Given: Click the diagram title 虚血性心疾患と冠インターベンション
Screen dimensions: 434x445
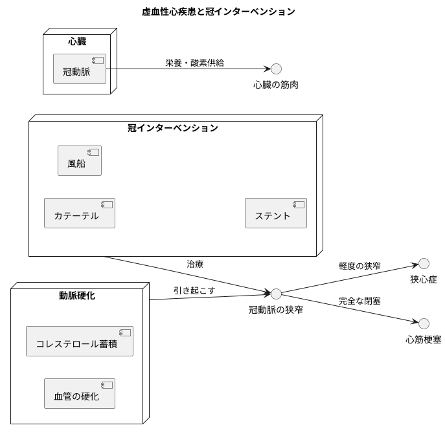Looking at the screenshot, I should (218, 11).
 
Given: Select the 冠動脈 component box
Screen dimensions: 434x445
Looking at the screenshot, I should (80, 69).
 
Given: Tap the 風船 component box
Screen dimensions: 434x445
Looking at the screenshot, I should (80, 160).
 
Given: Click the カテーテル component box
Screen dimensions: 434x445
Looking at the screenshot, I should (80, 213).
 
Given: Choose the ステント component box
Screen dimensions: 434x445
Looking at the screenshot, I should (275, 213).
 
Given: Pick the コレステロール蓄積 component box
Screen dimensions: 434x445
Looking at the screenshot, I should (80, 341).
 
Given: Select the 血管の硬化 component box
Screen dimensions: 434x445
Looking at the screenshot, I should (80, 393).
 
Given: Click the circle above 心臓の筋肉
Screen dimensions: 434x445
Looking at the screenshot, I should (276, 69).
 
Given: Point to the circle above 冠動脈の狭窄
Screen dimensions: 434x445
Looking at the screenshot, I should (276, 294).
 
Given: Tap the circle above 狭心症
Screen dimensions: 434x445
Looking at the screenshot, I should (424, 263).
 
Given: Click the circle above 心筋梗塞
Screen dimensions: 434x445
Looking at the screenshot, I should (424, 323).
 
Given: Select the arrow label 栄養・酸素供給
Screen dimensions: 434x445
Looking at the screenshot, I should (194, 63).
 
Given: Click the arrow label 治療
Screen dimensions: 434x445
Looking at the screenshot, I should (195, 264).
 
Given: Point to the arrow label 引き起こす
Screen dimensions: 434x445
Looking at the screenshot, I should (194, 290).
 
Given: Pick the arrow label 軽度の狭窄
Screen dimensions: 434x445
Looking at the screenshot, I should (359, 265).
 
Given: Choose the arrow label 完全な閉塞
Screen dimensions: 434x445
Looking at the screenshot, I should (359, 301).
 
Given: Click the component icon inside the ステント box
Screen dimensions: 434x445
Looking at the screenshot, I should (299, 205).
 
